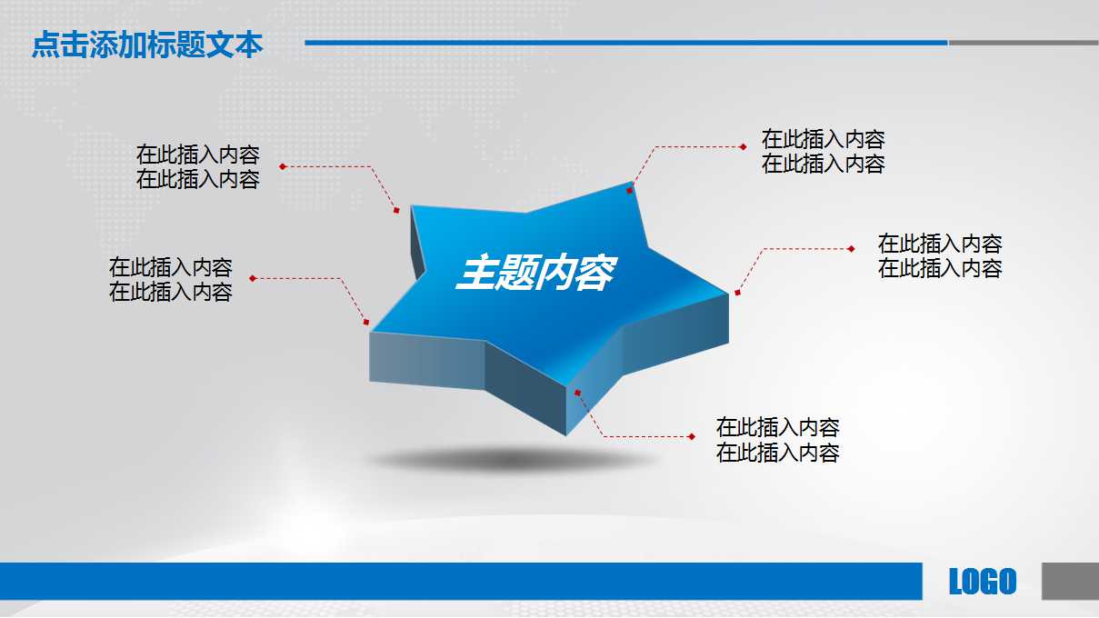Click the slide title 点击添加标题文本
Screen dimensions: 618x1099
[147, 45]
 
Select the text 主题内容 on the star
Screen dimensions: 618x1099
[535, 273]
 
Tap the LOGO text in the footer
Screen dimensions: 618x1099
[982, 582]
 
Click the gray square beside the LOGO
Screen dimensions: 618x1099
[1069, 581]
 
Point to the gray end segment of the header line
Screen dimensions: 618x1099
[1023, 43]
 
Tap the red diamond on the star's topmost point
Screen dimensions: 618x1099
[630, 190]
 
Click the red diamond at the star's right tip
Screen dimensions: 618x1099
[737, 293]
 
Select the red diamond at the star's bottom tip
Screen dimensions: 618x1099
[576, 393]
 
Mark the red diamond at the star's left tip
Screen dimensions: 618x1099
[366, 322]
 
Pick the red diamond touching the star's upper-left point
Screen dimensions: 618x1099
[396, 211]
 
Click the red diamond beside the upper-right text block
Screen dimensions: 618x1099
[743, 145]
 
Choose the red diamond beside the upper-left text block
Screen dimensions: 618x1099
[283, 166]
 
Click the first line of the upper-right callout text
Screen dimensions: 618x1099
[823, 139]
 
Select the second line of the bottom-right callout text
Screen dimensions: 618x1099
[777, 453]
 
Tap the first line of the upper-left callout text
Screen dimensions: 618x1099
[197, 154]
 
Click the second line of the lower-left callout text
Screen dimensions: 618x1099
[170, 292]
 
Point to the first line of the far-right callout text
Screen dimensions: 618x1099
[940, 244]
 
